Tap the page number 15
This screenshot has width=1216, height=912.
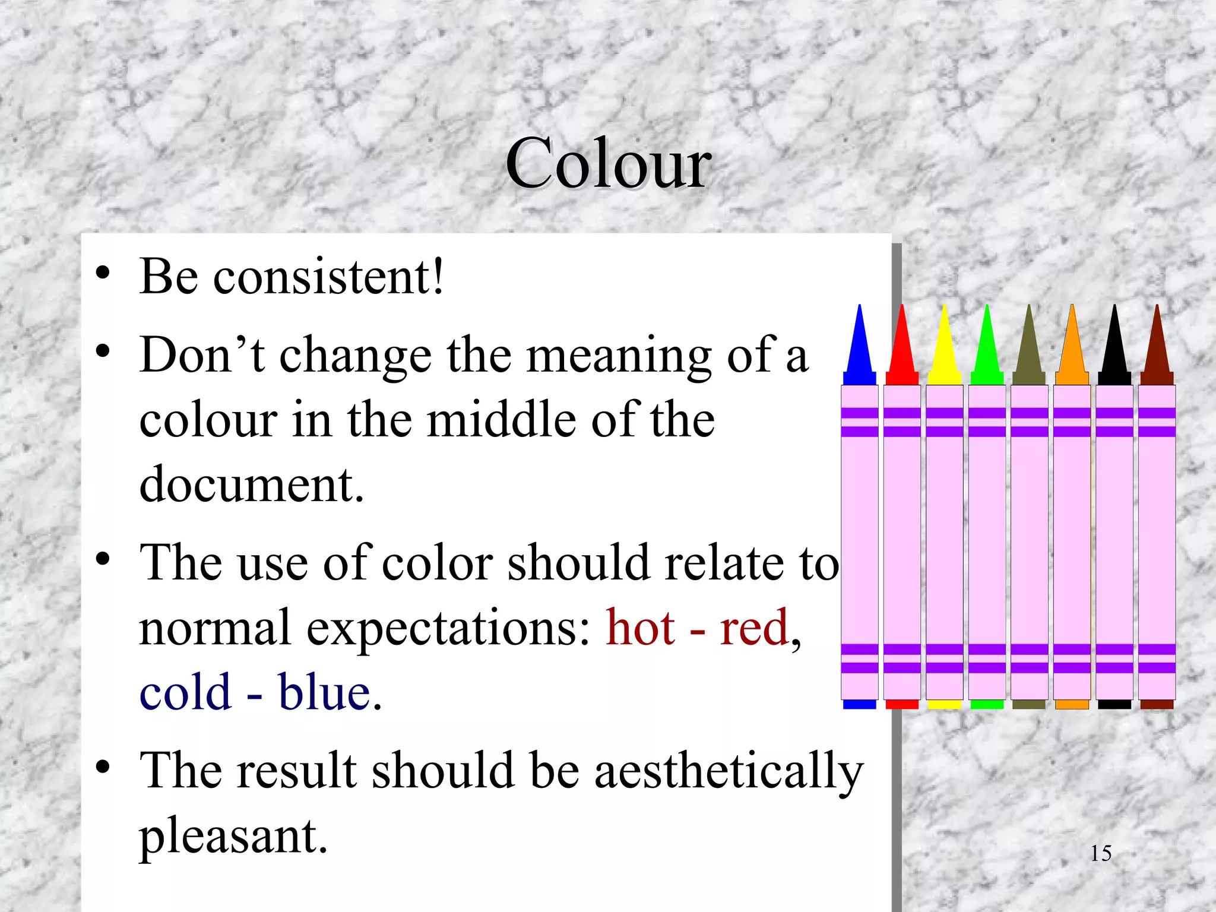coord(1100,853)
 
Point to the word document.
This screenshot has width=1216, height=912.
coord(251,484)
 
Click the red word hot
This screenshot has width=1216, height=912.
coord(640,628)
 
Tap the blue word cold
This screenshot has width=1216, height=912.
coord(185,692)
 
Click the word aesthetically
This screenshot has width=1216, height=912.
coord(729,771)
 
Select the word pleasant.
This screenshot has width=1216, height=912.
coord(233,836)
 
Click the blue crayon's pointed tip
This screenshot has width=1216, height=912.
coord(859,341)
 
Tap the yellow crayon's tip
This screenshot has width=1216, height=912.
coord(944,341)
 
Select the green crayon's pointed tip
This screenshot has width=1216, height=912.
coord(987,341)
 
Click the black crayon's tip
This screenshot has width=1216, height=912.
coord(1114,341)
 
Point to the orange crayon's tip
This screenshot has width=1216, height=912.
coord(1072,341)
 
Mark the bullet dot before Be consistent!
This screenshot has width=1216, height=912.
coord(103,273)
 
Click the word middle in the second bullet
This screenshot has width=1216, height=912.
coord(503,420)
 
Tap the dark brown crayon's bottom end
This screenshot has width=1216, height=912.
coord(1157,704)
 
